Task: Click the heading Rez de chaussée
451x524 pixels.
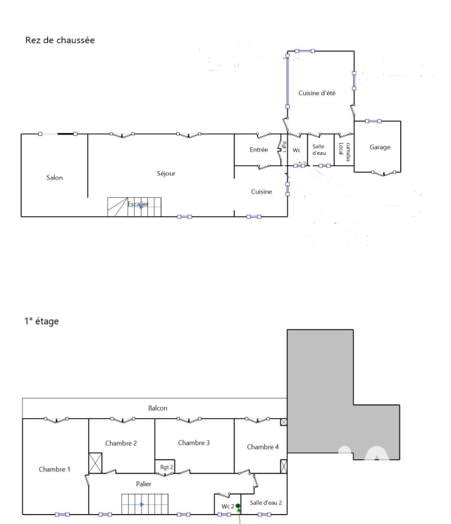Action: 60,40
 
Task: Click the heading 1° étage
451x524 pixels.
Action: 42,321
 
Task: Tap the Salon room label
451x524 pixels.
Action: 54,177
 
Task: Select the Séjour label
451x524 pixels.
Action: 166,173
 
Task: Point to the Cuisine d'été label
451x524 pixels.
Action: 316,93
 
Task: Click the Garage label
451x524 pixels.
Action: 380,147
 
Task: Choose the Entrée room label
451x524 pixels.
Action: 259,150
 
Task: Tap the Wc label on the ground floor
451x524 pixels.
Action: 297,151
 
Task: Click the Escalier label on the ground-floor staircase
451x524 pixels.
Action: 137,204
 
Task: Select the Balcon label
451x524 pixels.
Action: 157,408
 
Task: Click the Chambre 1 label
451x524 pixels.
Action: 54,469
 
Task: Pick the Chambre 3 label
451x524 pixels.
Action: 194,443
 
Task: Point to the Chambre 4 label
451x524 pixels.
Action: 262,447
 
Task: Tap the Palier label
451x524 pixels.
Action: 144,484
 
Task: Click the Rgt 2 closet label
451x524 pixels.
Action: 166,467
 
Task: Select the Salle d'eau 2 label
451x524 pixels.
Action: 266,503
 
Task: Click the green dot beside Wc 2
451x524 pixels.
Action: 238,506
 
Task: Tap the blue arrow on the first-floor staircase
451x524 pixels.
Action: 142,504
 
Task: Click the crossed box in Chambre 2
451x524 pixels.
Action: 95,463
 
